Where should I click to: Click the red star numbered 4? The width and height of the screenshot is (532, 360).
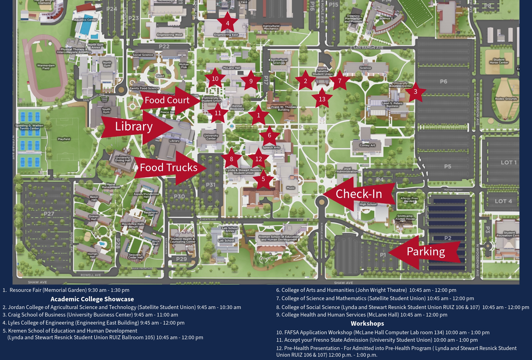(x=227, y=23)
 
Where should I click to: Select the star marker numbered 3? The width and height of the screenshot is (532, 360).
(x=415, y=92)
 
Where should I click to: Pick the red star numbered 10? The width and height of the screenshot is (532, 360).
(x=215, y=79)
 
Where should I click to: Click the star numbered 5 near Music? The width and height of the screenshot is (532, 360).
(x=263, y=179)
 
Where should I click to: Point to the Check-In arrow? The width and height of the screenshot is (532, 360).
(x=359, y=194)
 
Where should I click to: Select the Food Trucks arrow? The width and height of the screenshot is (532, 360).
(x=169, y=168)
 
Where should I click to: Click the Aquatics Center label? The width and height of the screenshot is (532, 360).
(x=85, y=20)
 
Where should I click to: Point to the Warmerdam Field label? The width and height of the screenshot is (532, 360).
(x=46, y=67)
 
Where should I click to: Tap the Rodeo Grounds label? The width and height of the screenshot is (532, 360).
(x=506, y=99)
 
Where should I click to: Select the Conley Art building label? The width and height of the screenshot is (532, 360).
(x=367, y=145)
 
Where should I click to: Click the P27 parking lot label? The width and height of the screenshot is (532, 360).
(x=49, y=214)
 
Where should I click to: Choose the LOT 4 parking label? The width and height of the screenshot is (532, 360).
(x=503, y=201)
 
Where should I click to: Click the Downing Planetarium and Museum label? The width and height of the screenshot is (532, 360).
(x=353, y=19)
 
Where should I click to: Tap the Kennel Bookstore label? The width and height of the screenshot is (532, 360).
(x=237, y=107)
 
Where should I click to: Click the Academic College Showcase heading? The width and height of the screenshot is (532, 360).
(x=92, y=299)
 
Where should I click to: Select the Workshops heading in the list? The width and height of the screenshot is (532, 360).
(x=367, y=323)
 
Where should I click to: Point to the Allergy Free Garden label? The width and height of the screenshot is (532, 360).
(x=409, y=200)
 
